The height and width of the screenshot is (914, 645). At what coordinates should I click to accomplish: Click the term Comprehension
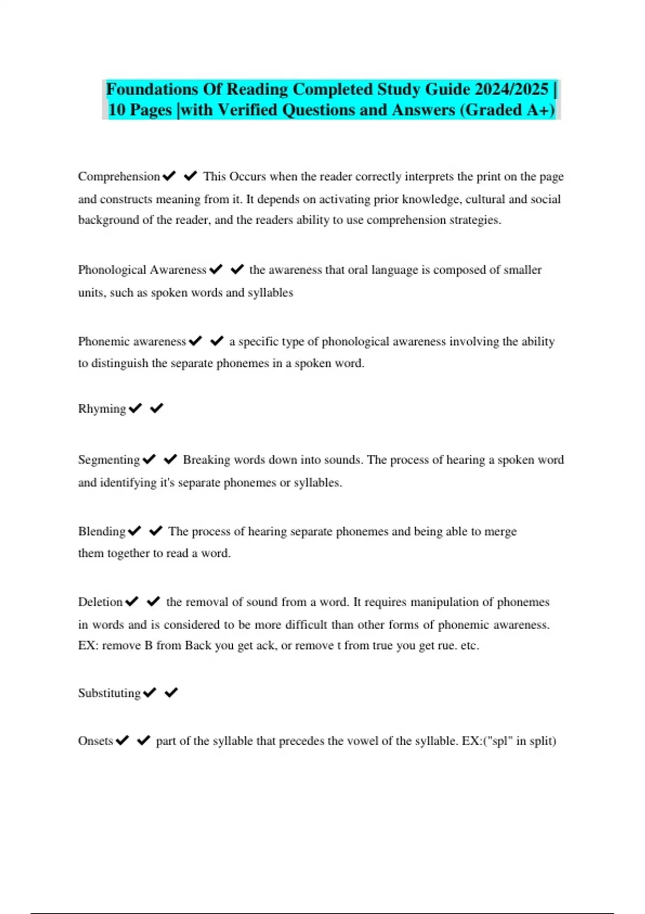click(119, 177)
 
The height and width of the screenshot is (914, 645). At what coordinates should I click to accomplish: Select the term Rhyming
click(102, 409)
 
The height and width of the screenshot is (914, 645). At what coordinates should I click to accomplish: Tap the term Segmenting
click(109, 460)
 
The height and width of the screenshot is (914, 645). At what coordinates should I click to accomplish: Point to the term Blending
click(102, 532)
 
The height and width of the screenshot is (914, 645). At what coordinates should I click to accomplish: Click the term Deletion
click(100, 602)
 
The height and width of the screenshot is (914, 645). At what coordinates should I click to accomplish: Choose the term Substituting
click(109, 693)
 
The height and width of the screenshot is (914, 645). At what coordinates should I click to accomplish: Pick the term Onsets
click(96, 741)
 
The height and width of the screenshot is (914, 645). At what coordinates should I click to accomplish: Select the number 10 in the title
click(117, 110)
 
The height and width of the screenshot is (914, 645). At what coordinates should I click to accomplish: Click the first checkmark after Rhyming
click(135, 409)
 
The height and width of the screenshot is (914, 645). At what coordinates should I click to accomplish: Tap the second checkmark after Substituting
click(171, 693)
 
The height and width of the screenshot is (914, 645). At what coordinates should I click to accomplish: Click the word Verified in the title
click(247, 110)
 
